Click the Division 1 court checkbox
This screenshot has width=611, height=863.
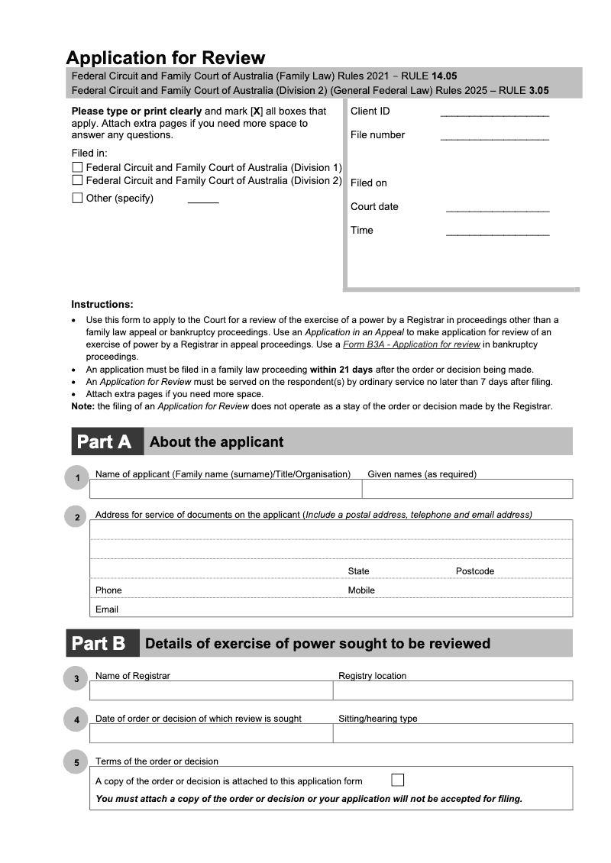tap(77, 167)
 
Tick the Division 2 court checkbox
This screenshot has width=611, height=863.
tap(77, 180)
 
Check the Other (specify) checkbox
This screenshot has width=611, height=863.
tap(77, 198)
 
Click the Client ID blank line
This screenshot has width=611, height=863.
tap(494, 114)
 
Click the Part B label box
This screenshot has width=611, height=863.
tap(102, 643)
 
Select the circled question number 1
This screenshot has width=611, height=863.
tap(76, 479)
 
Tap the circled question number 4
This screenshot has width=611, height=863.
tap(76, 719)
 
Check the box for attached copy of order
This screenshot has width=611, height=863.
tap(397, 780)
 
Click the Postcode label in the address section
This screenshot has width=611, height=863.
tap(475, 571)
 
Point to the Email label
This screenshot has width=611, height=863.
tap(107, 609)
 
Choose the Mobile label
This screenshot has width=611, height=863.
tap(361, 590)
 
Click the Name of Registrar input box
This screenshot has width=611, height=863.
tap(211, 690)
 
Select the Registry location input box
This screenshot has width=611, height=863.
tap(452, 690)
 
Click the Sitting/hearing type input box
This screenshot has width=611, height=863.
tap(452, 733)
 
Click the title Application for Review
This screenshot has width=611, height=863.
tap(166, 57)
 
